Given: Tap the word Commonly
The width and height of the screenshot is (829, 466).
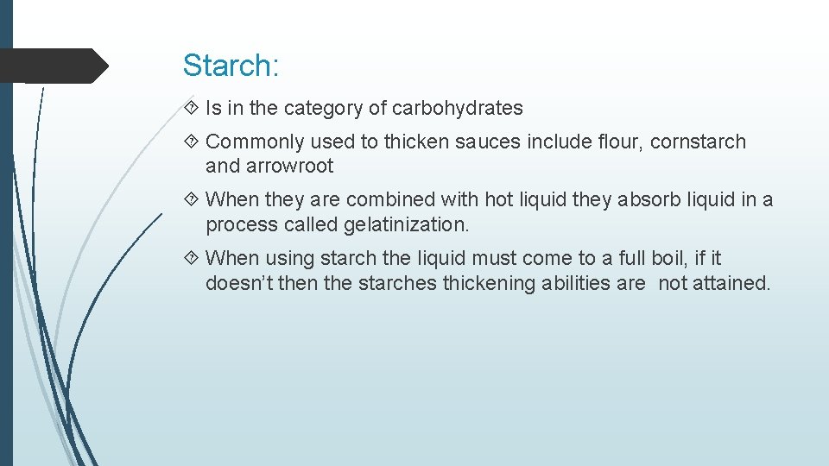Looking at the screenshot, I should [255, 142].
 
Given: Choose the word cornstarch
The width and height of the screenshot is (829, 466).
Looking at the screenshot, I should [698, 142].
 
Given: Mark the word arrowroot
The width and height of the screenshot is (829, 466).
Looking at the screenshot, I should [291, 166].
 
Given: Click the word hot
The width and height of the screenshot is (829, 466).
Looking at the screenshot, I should [498, 200].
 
